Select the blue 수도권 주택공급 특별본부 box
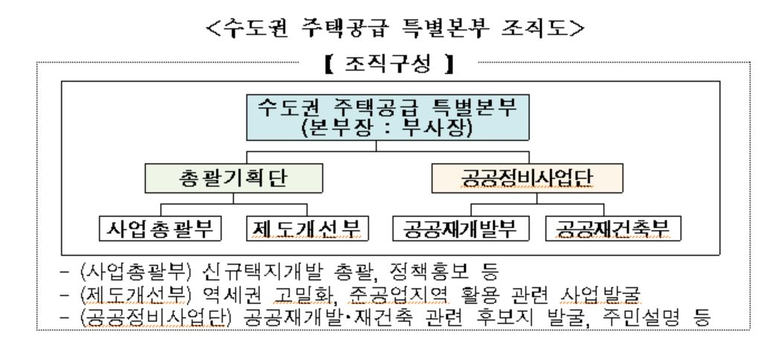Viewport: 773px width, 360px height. tap(388, 118)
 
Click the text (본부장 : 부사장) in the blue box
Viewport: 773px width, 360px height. tap(388, 128)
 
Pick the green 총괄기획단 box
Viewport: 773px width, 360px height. tap(234, 178)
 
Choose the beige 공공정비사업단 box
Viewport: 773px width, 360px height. tap(527, 178)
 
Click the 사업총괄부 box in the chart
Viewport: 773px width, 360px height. tap(160, 228)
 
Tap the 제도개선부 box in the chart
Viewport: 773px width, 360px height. tap(307, 228)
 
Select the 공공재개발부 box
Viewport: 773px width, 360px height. tap(461, 228)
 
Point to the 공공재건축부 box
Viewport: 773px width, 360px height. tap(613, 228)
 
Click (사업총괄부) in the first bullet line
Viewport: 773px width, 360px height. tap(135, 271)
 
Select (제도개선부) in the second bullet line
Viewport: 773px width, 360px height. tap(135, 295)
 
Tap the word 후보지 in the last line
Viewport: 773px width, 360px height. tap(508, 318)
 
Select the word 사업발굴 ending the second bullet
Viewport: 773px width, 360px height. tap(600, 295)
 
